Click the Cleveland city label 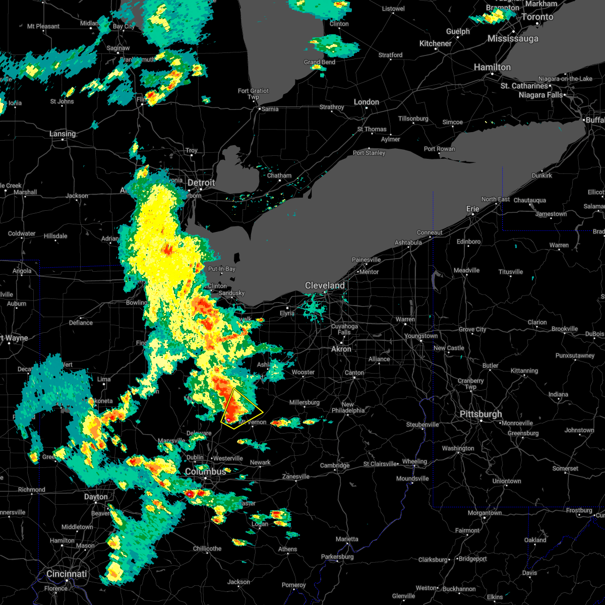pyautogui.click(x=325, y=286)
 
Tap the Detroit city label pyautogui.click(x=201, y=183)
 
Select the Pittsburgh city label pyautogui.click(x=480, y=414)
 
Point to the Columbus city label pyautogui.click(x=205, y=471)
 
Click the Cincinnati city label pyautogui.click(x=67, y=574)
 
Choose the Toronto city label pyautogui.click(x=537, y=17)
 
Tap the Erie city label pyautogui.click(x=472, y=209)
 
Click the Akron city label pyautogui.click(x=341, y=349)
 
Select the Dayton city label pyautogui.click(x=96, y=497)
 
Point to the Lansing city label pyautogui.click(x=63, y=134)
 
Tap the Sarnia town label pyautogui.click(x=270, y=109)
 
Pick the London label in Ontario pyautogui.click(x=366, y=102)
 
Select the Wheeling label pyautogui.click(x=414, y=461)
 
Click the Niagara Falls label pyautogui.click(x=539, y=95)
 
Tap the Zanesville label pyautogui.click(x=296, y=476)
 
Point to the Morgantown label pyautogui.click(x=485, y=513)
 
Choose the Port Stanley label pyautogui.click(x=369, y=153)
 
